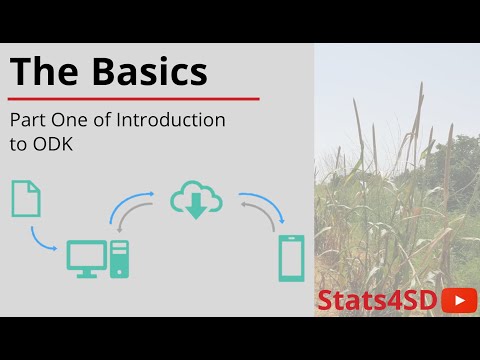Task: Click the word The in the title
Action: tap(42, 72)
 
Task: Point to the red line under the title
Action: tap(134, 99)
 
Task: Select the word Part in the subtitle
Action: tap(28, 120)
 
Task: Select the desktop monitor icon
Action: tap(87, 258)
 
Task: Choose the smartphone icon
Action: tap(291, 257)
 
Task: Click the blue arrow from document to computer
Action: tap(43, 241)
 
